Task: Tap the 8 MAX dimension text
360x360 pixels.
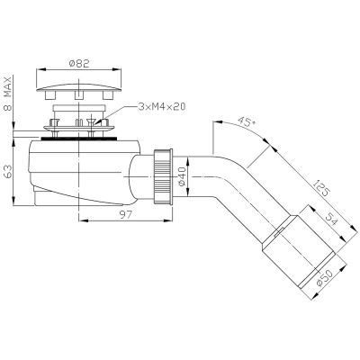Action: pos(8,91)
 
